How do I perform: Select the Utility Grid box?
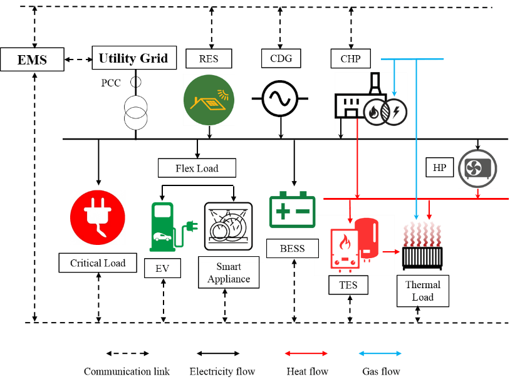(133, 59)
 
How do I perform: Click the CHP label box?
(350, 59)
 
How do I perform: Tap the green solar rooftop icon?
(209, 100)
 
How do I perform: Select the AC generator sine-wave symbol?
(279, 99)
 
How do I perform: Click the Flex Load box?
(197, 168)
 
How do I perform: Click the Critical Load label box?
(98, 262)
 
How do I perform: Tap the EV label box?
(162, 268)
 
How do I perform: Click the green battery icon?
(291, 212)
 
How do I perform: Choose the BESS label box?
(292, 249)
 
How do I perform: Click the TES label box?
(348, 286)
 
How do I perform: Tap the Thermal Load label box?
(423, 291)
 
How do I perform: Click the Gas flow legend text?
(381, 371)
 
